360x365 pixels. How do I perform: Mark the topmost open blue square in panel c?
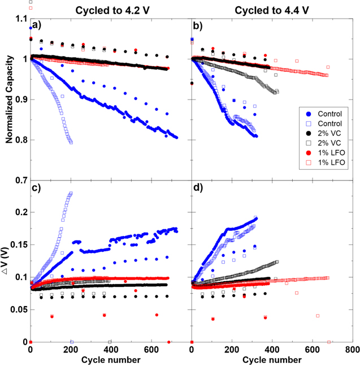71,193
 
